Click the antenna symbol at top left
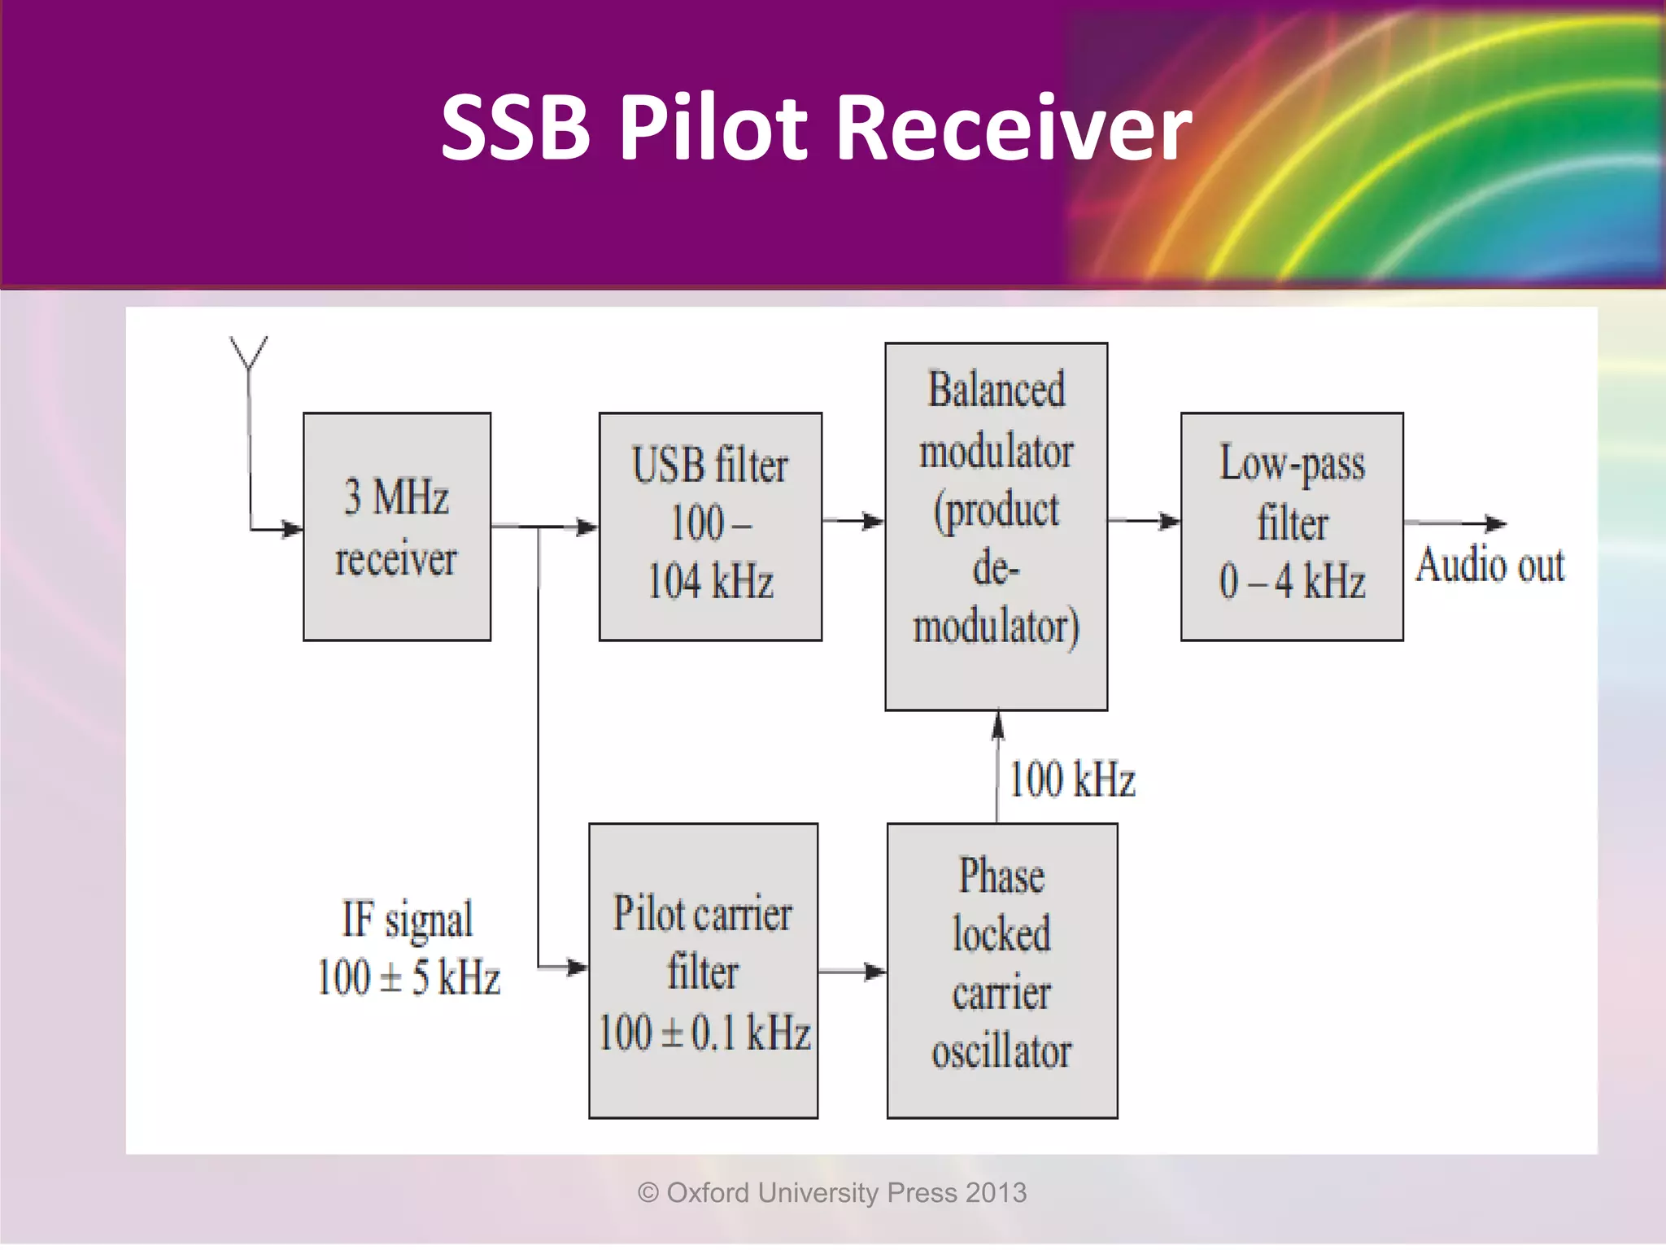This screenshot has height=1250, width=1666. tap(248, 354)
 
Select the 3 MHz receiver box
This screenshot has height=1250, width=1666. tap(397, 527)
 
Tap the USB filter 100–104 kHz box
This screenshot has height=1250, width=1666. tap(710, 527)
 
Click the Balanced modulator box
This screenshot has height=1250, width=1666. tap(996, 527)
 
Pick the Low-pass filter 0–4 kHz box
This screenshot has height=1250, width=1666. tap(1292, 527)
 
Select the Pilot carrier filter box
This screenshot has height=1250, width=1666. tap(703, 970)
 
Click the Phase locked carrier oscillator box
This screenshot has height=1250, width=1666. tap(1001, 970)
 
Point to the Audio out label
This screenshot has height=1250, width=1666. tap(1489, 565)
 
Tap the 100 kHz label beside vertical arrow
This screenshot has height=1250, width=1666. tap(1072, 779)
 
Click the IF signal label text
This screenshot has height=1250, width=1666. tap(407, 920)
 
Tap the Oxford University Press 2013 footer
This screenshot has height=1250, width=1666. tap(832, 1192)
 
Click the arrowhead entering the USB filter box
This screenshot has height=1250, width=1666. tap(587, 527)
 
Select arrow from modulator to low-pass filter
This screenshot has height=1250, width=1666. tap(1144, 520)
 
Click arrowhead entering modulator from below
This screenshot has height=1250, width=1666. tap(998, 724)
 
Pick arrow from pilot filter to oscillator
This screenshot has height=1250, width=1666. tap(852, 971)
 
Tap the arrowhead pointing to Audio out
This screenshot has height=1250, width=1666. tap(1495, 524)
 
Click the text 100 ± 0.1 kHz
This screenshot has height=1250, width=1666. tap(704, 1033)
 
